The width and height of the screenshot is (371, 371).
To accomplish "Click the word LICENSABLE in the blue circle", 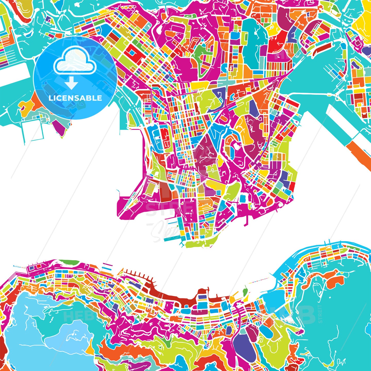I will point(75,98).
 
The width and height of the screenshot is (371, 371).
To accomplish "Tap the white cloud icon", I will point(75,61).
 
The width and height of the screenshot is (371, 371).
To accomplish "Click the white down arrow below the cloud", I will point(71,83).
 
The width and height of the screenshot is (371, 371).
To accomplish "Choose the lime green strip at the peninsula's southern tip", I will point(198,243).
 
